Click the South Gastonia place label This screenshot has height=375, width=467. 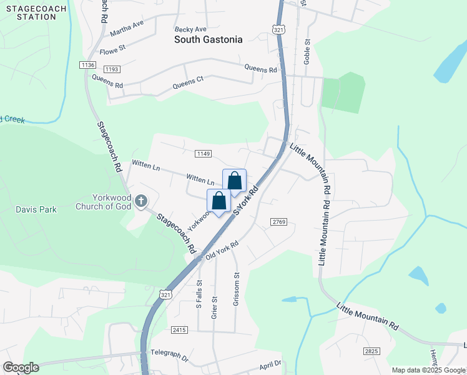click(x=208, y=40)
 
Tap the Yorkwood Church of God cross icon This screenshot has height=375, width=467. click(x=141, y=201)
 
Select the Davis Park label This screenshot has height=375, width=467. click(x=36, y=209)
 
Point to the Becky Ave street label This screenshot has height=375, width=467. click(x=190, y=29)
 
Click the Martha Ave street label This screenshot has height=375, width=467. click(x=127, y=27)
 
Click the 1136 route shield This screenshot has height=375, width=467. click(x=87, y=65)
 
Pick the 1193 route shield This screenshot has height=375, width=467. click(x=112, y=69)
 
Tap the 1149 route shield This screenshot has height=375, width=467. click(x=203, y=154)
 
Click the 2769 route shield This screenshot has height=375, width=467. click(x=278, y=222)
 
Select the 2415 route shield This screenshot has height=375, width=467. click(x=179, y=329)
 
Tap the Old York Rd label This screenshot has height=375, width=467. click(x=222, y=251)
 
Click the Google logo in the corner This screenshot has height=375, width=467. click(x=21, y=367)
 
